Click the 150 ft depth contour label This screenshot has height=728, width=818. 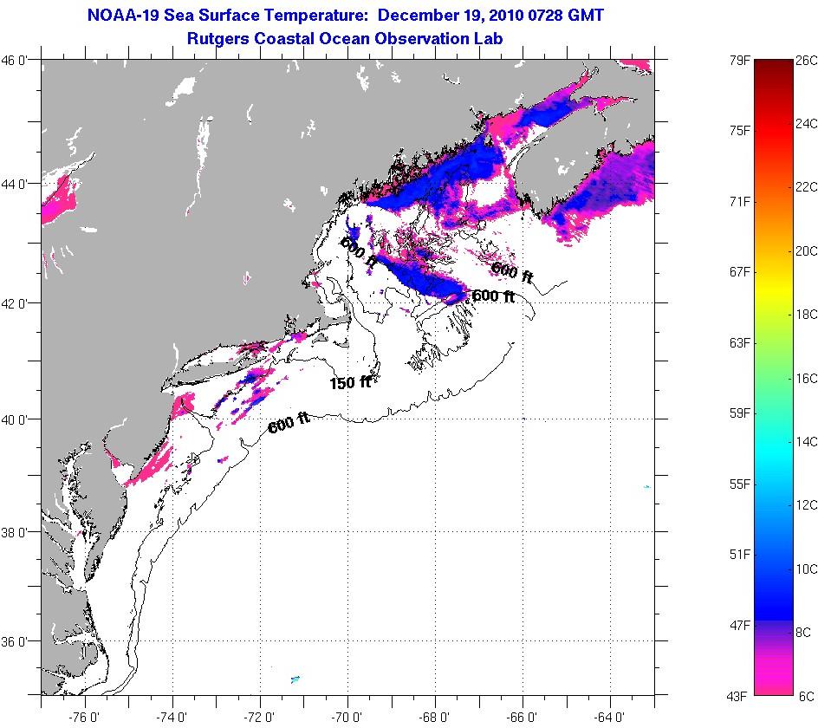[350, 381]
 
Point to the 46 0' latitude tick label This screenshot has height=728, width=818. [19, 61]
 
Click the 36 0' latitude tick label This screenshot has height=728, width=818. [19, 642]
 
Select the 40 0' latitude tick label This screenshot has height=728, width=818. [19, 419]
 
